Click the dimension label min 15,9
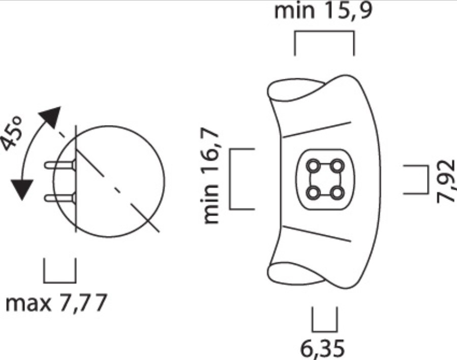pos(323,11)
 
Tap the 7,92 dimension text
pos(447,181)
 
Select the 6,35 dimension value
pos(323,349)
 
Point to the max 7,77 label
pos(56,304)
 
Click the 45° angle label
pos(13,133)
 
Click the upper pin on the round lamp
pos(60,165)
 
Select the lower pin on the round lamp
pos(60,197)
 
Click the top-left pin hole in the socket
pos(314,165)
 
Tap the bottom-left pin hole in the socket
pos(314,192)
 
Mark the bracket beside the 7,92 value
pos(416,179)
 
